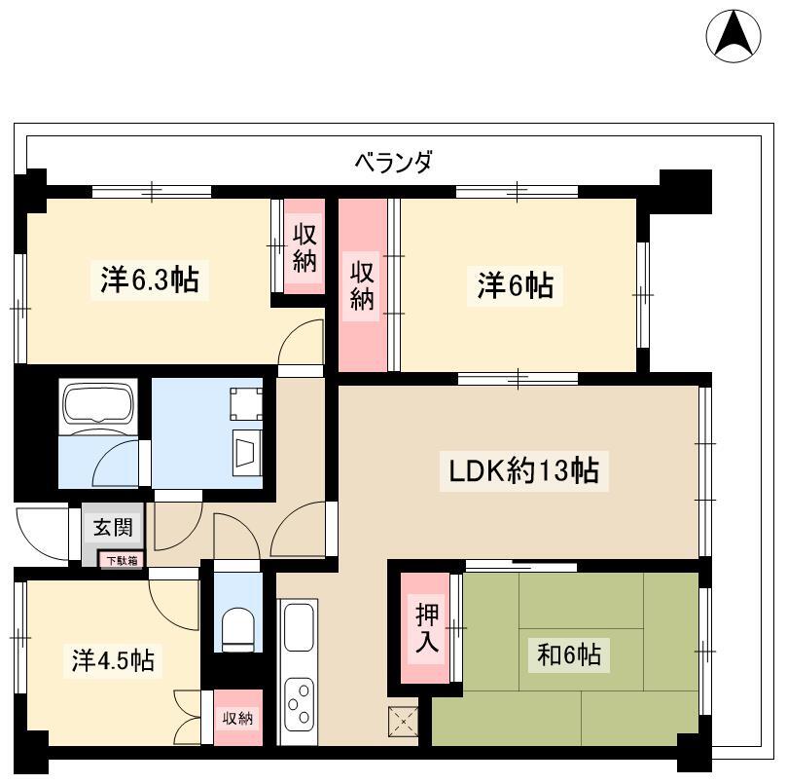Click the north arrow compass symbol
tap(733, 35)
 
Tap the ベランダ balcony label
tap(393, 162)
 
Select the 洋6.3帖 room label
tap(150, 280)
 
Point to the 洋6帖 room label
tap(516, 285)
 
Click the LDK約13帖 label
tap(523, 471)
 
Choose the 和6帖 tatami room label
tap(569, 654)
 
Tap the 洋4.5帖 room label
tap(113, 660)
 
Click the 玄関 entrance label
tap(113, 527)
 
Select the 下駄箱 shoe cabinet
tap(122, 560)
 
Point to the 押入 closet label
tap(427, 628)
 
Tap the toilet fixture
tap(238, 630)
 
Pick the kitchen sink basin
tap(299, 628)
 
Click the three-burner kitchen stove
tap(299, 703)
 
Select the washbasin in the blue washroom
tap(247, 452)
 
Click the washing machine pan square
tap(246, 403)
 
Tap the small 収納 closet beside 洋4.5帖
tap(238, 718)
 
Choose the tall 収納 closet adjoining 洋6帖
tap(363, 285)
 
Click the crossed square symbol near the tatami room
tap(403, 721)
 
